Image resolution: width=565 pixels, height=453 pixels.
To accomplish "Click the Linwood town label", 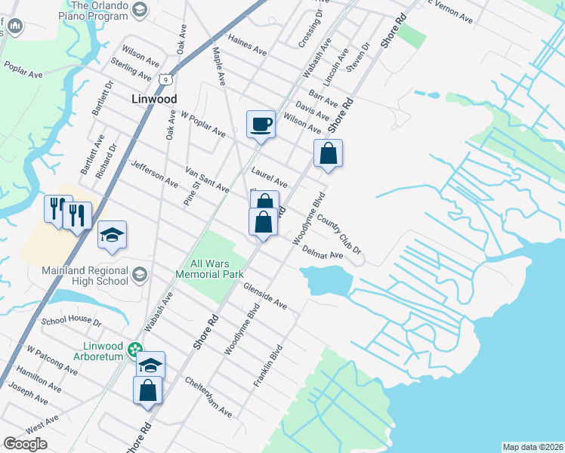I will click(154, 99).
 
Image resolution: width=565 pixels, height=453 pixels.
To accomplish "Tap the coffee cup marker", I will click(261, 124).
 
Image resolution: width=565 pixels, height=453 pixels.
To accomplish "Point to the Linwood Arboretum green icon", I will click(134, 349).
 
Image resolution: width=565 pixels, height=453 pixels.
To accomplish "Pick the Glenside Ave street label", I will click(265, 295).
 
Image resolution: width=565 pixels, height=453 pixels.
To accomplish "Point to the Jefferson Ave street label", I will click(154, 174).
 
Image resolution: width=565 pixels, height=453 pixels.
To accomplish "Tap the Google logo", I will click(25, 444).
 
